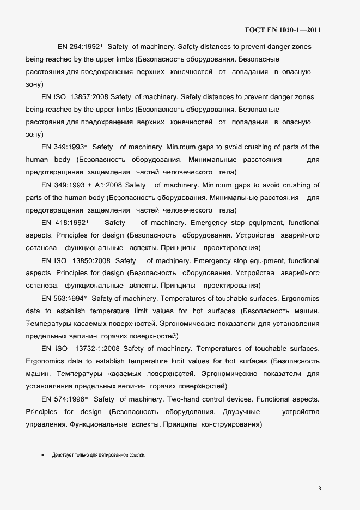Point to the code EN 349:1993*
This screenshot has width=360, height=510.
(x=63, y=147)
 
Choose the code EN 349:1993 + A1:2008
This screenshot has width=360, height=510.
(x=84, y=185)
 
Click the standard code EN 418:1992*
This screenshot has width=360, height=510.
(x=65, y=223)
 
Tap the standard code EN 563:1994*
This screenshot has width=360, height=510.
(x=63, y=299)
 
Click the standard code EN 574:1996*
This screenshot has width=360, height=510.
(x=63, y=399)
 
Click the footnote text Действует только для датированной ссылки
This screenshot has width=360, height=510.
(x=99, y=454)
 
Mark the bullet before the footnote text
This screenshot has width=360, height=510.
(x=42, y=454)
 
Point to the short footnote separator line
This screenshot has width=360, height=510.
(x=59, y=447)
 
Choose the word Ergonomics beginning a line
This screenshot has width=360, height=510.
(x=45, y=361)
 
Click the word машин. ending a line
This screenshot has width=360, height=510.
(x=307, y=311)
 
